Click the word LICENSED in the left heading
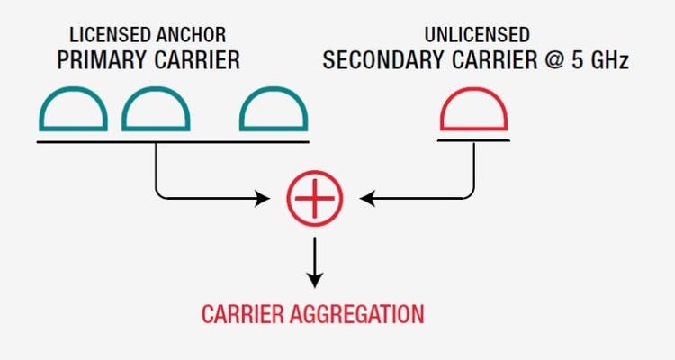coord(103,37)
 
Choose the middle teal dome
coord(156,113)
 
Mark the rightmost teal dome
coord(274,113)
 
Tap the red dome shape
coord(473,113)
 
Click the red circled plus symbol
coord(315,197)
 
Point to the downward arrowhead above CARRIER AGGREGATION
coord(315,273)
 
